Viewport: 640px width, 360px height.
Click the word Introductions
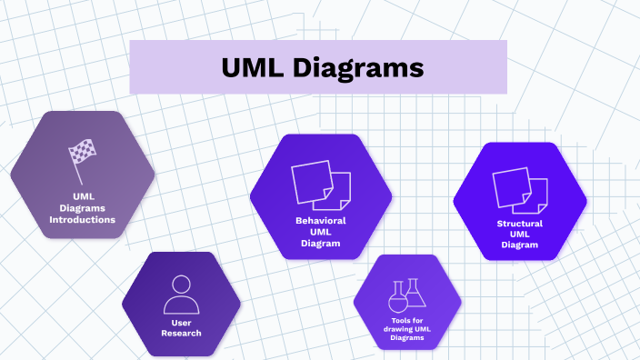(x=82, y=220)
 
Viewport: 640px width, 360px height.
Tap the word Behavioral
(x=320, y=221)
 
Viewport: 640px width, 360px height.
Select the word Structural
(x=520, y=223)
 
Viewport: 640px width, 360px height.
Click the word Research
(x=180, y=334)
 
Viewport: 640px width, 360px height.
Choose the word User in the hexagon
(x=180, y=323)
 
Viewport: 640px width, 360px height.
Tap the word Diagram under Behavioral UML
(x=320, y=243)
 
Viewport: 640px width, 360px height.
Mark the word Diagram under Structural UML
(x=520, y=245)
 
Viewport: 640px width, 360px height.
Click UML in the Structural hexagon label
(x=520, y=234)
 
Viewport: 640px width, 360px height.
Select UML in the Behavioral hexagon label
(x=320, y=232)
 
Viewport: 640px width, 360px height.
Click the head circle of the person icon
(x=180, y=284)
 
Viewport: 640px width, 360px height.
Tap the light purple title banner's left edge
(x=132, y=67)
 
